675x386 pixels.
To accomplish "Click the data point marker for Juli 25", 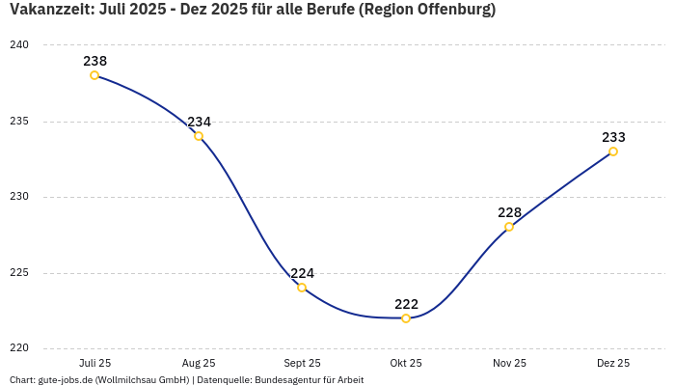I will tap(94, 75).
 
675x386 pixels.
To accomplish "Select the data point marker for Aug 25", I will tap(199, 136).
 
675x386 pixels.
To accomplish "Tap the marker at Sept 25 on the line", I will tap(302, 288).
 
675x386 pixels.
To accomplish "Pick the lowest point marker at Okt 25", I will tap(406, 318).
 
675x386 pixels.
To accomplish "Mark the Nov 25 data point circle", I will tap(509, 227).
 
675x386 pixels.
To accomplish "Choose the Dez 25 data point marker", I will tap(613, 152).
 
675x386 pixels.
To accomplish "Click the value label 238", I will tap(94, 61).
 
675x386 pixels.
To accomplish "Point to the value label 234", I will tap(199, 122).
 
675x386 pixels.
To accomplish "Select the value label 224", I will tap(302, 273).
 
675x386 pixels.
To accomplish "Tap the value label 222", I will tap(406, 304).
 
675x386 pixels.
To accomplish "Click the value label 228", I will tap(509, 212).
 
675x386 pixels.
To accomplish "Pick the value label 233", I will tap(613, 137).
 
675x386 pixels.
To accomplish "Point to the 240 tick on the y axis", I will tap(20, 45).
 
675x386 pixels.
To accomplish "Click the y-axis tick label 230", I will tap(20, 197).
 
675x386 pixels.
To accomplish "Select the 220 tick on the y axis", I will tap(20, 348).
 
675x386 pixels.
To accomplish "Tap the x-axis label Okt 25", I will tap(406, 363).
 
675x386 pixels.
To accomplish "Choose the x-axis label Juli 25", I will tap(94, 363).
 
